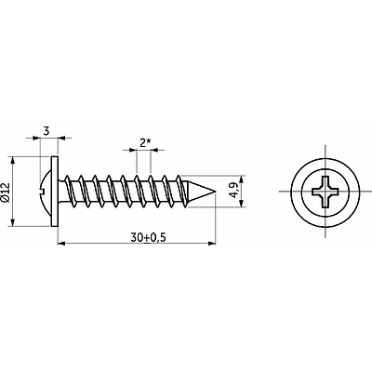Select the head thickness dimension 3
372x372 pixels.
pos(46,131)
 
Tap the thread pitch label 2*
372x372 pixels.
pos(145,143)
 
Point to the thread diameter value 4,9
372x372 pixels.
pos(234,190)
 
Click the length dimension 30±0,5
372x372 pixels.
pos(149,238)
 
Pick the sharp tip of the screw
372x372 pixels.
pos(215,192)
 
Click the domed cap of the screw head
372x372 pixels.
pos(46,192)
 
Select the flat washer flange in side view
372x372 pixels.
pos(54,192)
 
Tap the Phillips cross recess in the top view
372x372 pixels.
pos(325,192)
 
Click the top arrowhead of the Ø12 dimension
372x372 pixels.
pos(13,160)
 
